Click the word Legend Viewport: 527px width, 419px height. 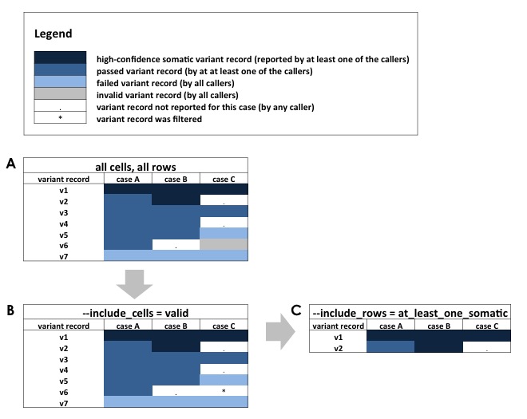(x=53, y=34)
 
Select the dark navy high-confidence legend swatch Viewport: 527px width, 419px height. (x=60, y=57)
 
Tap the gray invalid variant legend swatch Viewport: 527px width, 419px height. (x=60, y=93)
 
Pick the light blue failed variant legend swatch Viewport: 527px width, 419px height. (x=60, y=81)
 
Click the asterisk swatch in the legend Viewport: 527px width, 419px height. (x=60, y=117)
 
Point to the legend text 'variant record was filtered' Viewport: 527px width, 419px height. (x=149, y=119)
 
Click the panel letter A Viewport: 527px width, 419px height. (x=11, y=164)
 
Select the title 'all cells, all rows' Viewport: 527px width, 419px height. (x=136, y=167)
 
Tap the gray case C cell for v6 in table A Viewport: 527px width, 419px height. (x=224, y=244)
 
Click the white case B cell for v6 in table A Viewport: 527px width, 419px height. (x=176, y=244)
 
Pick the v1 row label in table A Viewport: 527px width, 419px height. (x=64, y=191)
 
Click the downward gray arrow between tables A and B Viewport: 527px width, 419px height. (x=134, y=284)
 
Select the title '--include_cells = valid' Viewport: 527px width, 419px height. (x=136, y=313)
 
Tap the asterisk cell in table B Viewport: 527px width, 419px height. (x=224, y=391)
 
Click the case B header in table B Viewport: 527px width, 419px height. (x=176, y=326)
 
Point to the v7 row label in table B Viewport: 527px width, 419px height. (x=64, y=403)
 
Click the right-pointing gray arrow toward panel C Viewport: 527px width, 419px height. (x=280, y=332)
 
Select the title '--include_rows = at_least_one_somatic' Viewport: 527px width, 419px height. (x=410, y=313)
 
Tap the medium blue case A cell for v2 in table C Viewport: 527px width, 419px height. (x=390, y=346)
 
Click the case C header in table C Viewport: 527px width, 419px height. (x=487, y=326)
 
